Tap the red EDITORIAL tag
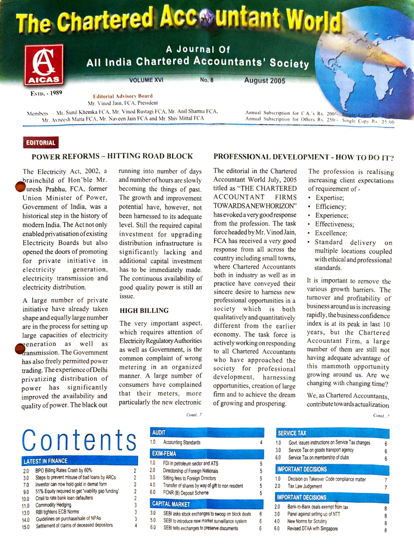pos(41,142)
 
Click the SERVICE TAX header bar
pos(292,432)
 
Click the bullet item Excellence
pos(332,234)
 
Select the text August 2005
pos(264,81)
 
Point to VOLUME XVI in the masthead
pos(149,81)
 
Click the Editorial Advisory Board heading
pos(123,96)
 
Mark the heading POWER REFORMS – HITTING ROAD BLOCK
pos(112,156)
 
